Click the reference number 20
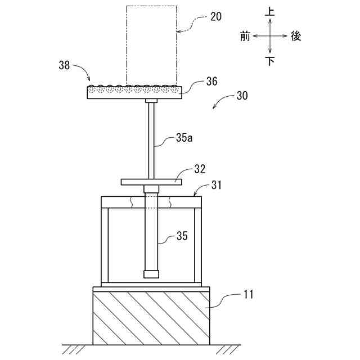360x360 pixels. click(x=215, y=16)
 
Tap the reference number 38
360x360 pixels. click(x=65, y=66)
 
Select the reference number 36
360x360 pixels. click(x=211, y=82)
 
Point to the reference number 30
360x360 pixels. click(x=242, y=96)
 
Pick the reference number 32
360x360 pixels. click(x=200, y=168)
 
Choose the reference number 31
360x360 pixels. click(x=216, y=184)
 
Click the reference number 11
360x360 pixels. click(x=247, y=293)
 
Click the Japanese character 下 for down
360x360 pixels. click(x=270, y=61)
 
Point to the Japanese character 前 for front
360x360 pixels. click(x=244, y=36)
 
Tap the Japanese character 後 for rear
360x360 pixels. click(x=296, y=36)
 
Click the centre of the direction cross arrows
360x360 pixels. click(x=270, y=35)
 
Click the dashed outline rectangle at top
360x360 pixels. click(x=151, y=45)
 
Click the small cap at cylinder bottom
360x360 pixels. click(x=151, y=274)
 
